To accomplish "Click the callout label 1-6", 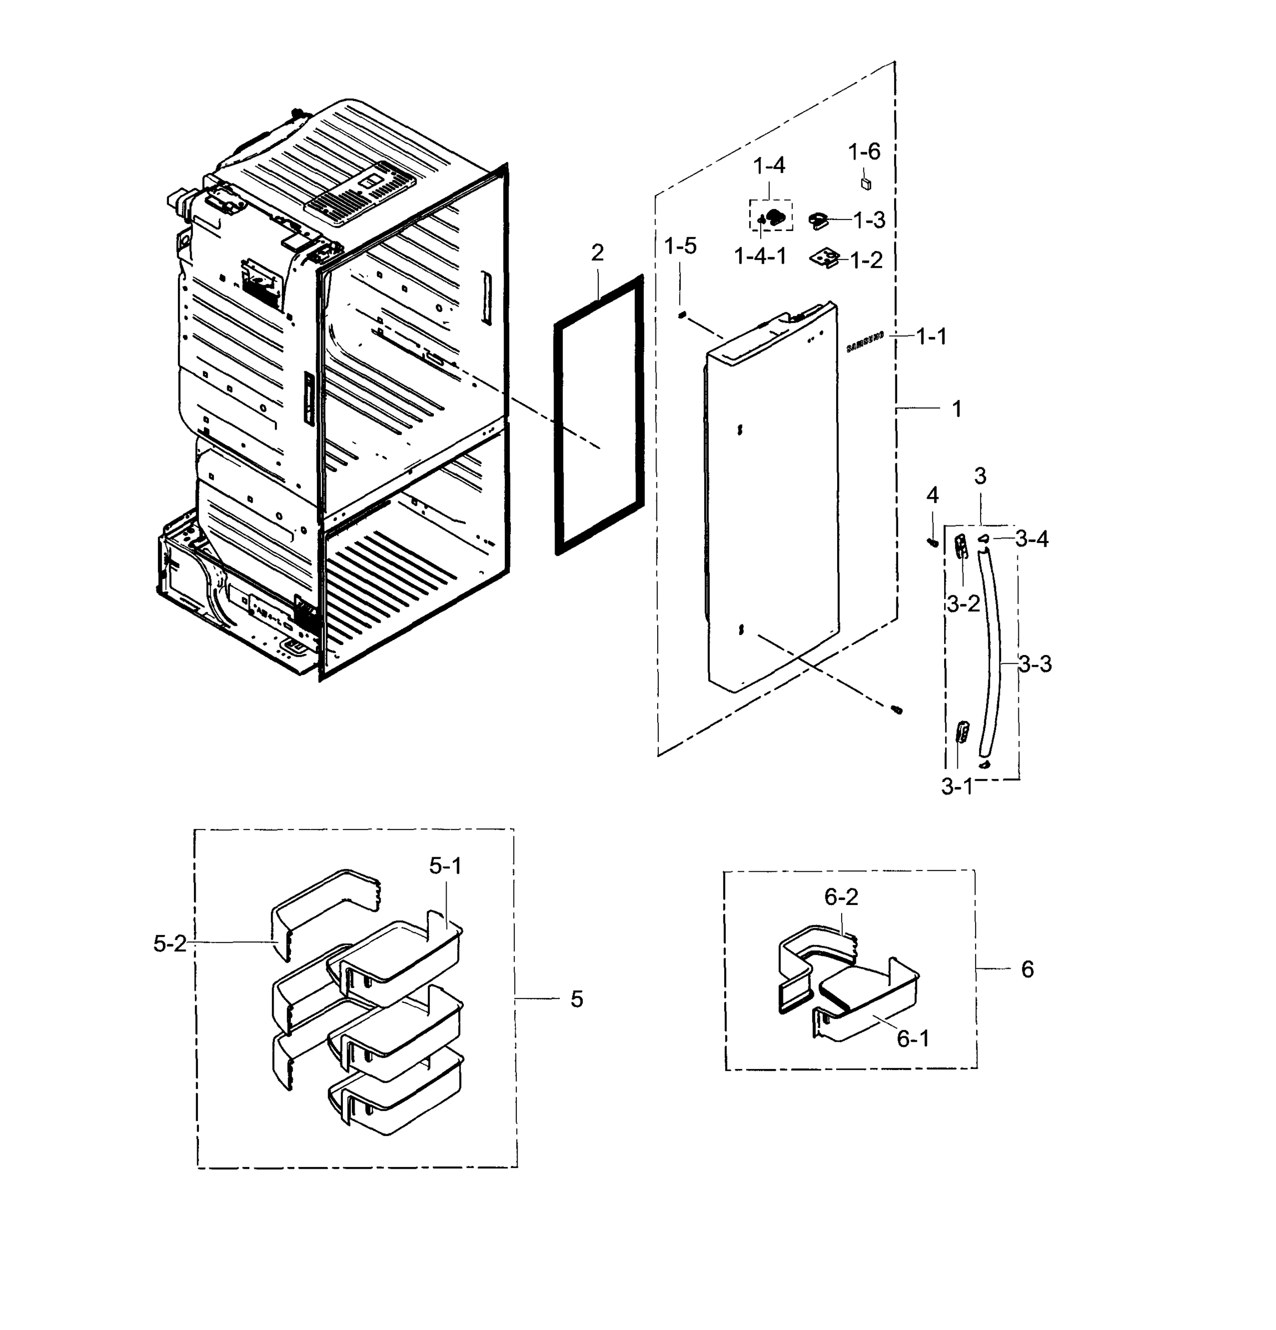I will coord(864,151).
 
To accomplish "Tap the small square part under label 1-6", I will coord(865,184).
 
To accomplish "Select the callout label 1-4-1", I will coord(760,257).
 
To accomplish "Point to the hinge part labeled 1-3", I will coord(819,220).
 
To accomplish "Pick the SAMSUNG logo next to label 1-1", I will coord(864,342).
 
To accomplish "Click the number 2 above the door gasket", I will coord(597,253).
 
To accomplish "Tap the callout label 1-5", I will coord(680,246).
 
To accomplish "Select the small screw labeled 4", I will coord(932,541).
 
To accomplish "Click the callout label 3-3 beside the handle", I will coord(1035,664).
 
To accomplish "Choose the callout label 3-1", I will coord(956,786).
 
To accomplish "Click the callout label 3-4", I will coord(1032,539).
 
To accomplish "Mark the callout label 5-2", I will coord(169,943).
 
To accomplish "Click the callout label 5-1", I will coord(445,866).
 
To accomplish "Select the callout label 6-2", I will coord(841,897).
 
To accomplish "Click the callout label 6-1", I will coord(913,1038).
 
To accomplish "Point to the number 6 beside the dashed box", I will coord(1027,969).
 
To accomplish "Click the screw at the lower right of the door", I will coord(897,709).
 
